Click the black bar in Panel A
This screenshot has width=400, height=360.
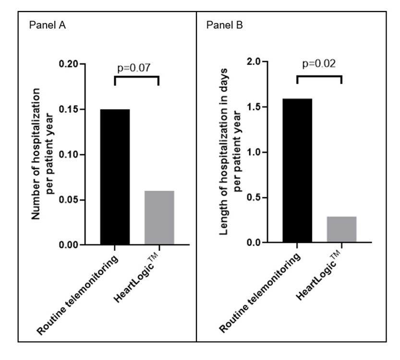(x=115, y=177)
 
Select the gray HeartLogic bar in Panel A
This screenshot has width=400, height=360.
(x=159, y=218)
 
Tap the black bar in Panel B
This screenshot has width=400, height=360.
(x=297, y=170)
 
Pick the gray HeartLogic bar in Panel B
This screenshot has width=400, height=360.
(x=341, y=229)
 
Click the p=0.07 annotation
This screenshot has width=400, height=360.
(x=134, y=67)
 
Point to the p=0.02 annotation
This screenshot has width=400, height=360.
(x=318, y=64)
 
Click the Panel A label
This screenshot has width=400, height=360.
(x=48, y=25)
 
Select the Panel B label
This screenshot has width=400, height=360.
(x=225, y=25)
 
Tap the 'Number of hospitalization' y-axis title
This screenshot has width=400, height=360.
(x=42, y=154)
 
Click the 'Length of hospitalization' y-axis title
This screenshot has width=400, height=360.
(x=228, y=151)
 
